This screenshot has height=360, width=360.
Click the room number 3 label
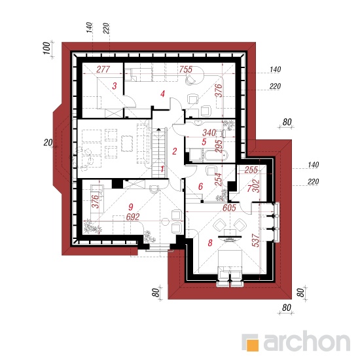tap(115, 86)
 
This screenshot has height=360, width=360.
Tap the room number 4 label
tap(162, 94)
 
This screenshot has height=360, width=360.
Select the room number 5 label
tap(204, 142)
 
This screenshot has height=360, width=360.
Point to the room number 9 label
tap(131, 207)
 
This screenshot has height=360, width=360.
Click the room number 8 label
tap(210, 243)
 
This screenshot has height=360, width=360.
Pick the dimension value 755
tap(186, 69)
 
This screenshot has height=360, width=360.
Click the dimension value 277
tap(103, 69)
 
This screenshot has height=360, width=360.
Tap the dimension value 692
tap(133, 217)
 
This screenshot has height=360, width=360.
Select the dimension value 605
tap(229, 207)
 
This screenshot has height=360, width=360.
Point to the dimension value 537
tap(256, 240)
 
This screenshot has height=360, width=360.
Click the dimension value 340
tap(209, 132)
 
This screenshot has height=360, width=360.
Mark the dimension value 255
tap(251, 170)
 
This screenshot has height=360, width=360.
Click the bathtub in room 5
tap(216, 155)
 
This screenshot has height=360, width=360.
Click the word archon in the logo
tap(306, 342)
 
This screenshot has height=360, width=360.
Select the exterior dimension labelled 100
tap(46, 48)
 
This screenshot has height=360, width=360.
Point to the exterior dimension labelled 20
tap(48, 143)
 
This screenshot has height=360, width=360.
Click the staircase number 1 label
tap(162, 170)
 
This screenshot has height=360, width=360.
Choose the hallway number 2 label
tap(175, 151)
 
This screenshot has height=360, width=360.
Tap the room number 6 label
tap(200, 187)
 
